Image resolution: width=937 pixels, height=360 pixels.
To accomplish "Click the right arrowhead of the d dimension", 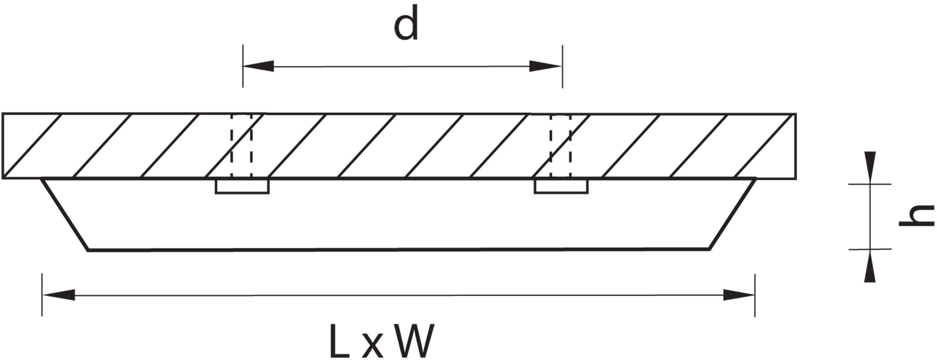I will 546,66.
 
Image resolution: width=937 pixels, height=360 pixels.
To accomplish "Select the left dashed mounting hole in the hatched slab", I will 241,145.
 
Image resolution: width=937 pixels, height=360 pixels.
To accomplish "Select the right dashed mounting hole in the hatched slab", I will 561,145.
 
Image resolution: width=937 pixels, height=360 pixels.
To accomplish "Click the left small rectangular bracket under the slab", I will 242,187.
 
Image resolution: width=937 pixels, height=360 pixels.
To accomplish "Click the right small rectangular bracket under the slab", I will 561,187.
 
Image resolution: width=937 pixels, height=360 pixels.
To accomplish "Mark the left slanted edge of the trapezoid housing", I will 65,215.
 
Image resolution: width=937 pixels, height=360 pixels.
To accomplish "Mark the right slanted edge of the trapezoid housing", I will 732,215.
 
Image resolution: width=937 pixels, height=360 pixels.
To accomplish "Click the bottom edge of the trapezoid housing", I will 399,250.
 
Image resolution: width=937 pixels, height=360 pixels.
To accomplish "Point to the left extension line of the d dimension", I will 243,76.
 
